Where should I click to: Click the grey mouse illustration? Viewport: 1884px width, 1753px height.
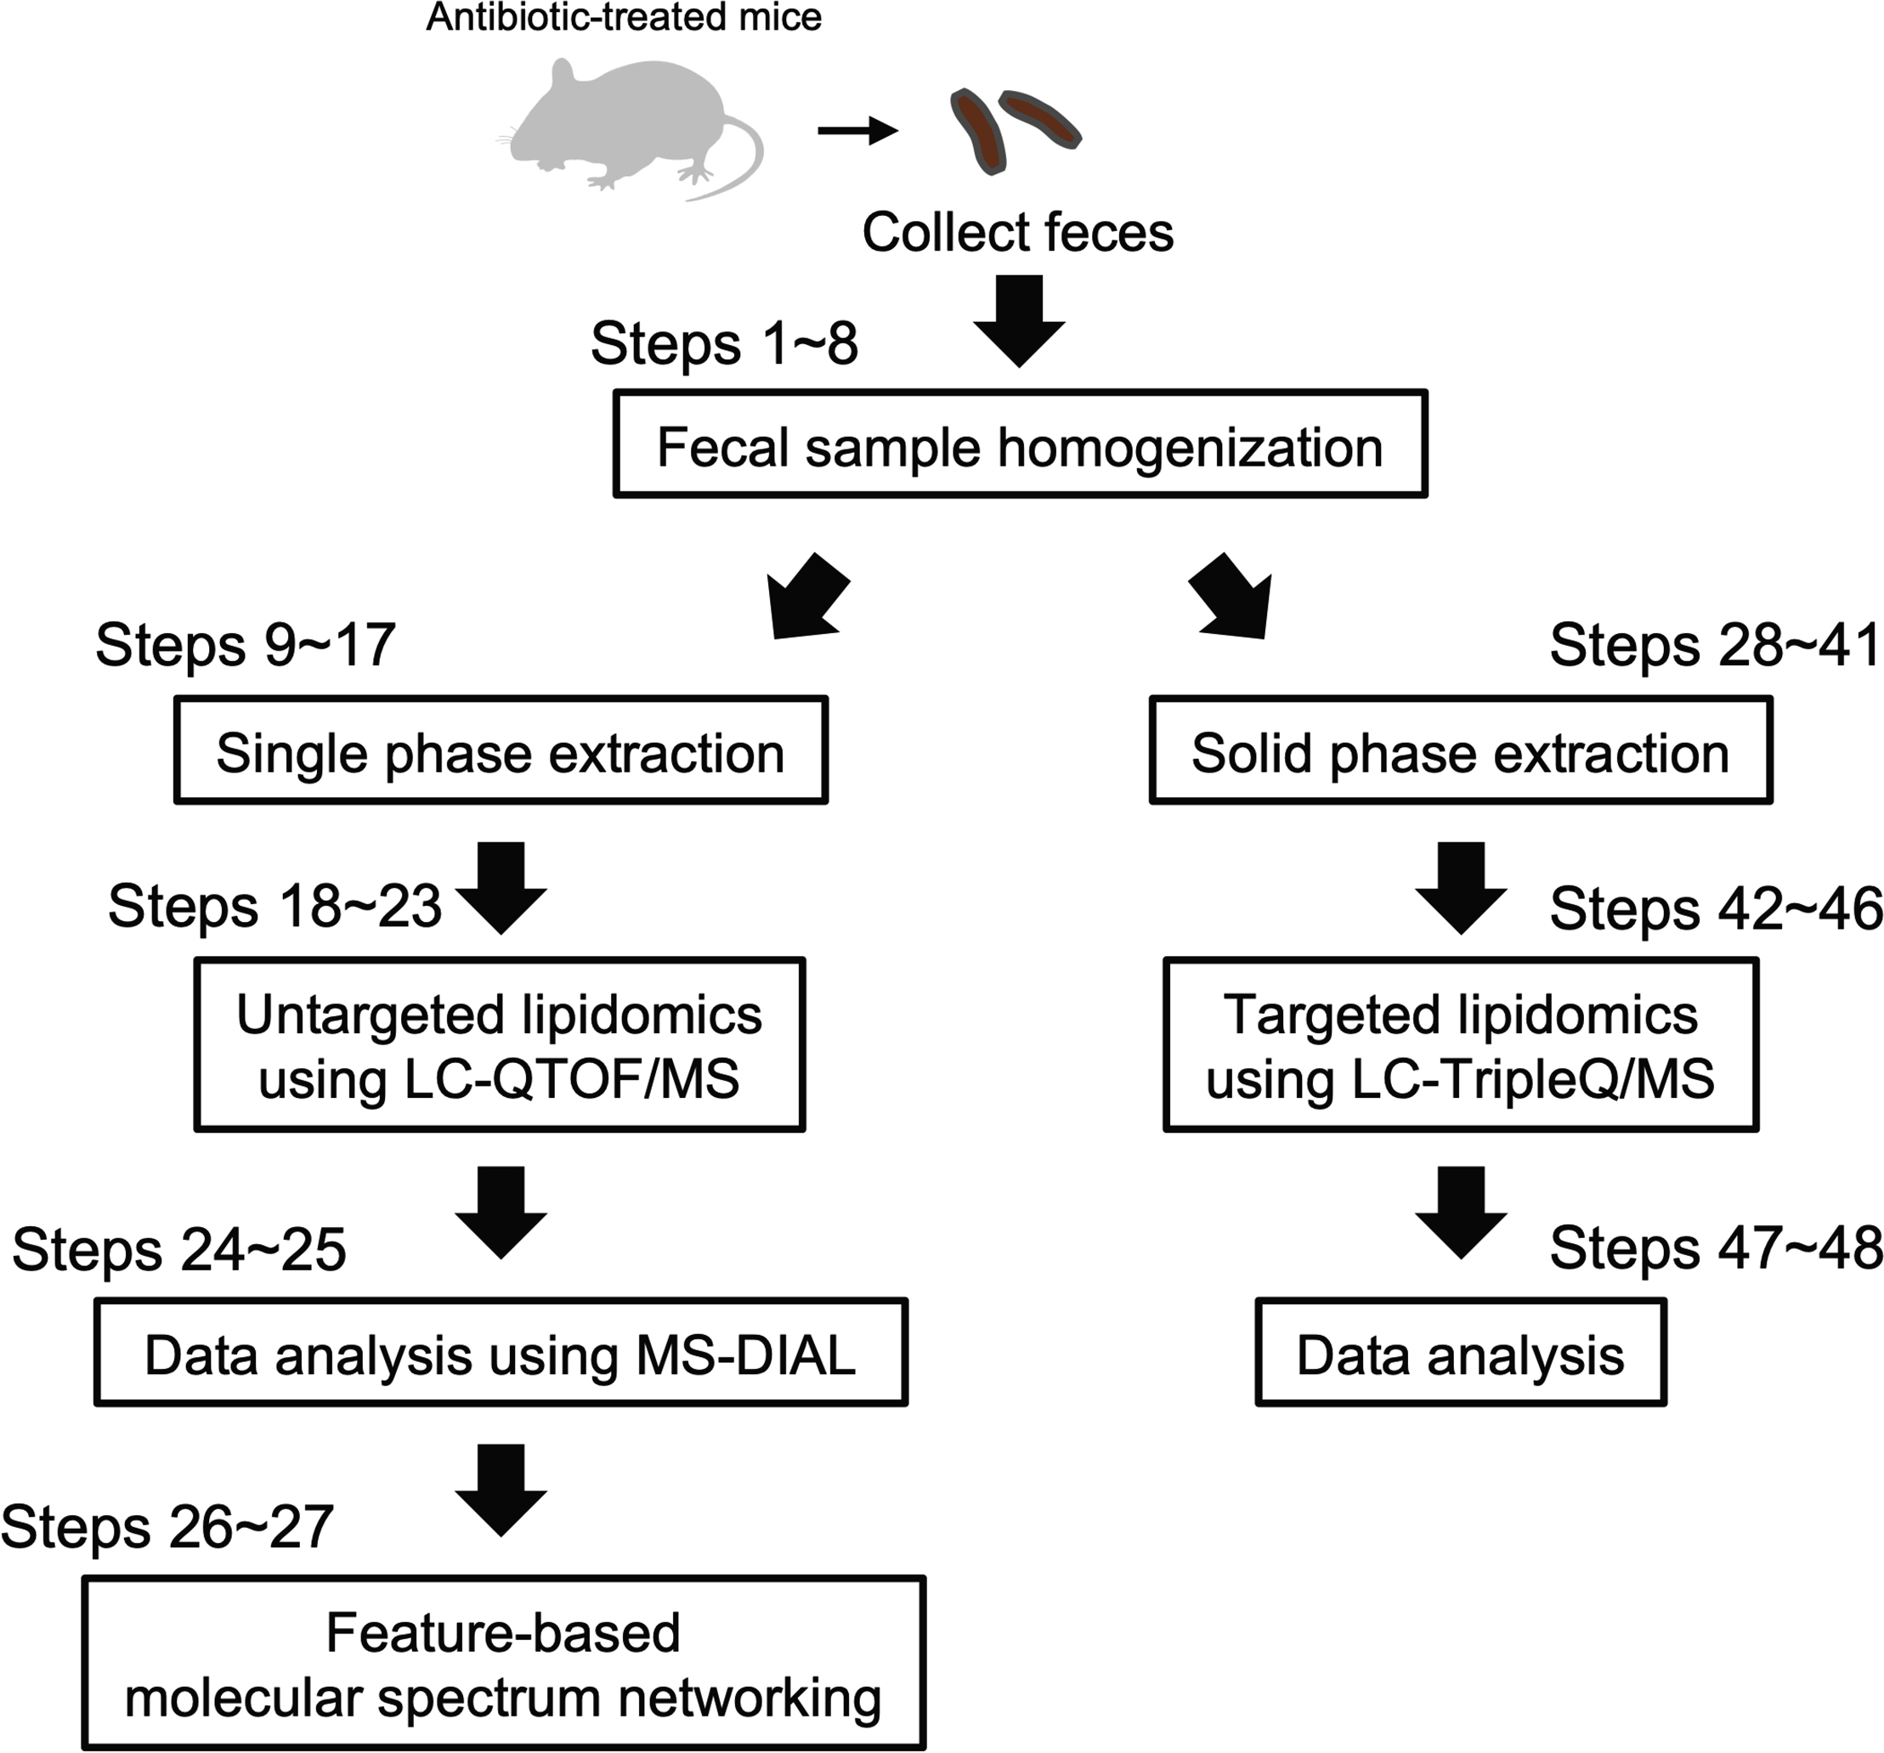click(616, 123)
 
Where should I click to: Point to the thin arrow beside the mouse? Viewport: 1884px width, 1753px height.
click(857, 131)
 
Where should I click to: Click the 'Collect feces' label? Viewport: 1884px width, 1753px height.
click(1017, 232)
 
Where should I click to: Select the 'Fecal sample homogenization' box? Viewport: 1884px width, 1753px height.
click(1020, 444)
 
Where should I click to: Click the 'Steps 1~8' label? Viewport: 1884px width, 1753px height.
click(724, 343)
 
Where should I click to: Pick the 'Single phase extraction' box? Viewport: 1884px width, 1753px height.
click(501, 750)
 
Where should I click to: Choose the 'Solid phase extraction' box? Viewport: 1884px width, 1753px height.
click(1459, 750)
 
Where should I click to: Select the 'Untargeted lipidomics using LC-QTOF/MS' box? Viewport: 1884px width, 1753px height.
click(500, 1044)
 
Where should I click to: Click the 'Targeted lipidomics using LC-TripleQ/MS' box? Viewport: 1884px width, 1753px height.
click(1459, 1044)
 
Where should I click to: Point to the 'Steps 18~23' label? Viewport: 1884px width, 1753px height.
click(274, 906)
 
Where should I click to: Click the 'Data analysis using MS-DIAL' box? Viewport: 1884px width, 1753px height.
click(501, 1352)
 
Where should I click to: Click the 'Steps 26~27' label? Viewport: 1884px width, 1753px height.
click(167, 1526)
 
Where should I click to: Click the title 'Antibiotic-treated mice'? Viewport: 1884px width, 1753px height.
click(624, 17)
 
